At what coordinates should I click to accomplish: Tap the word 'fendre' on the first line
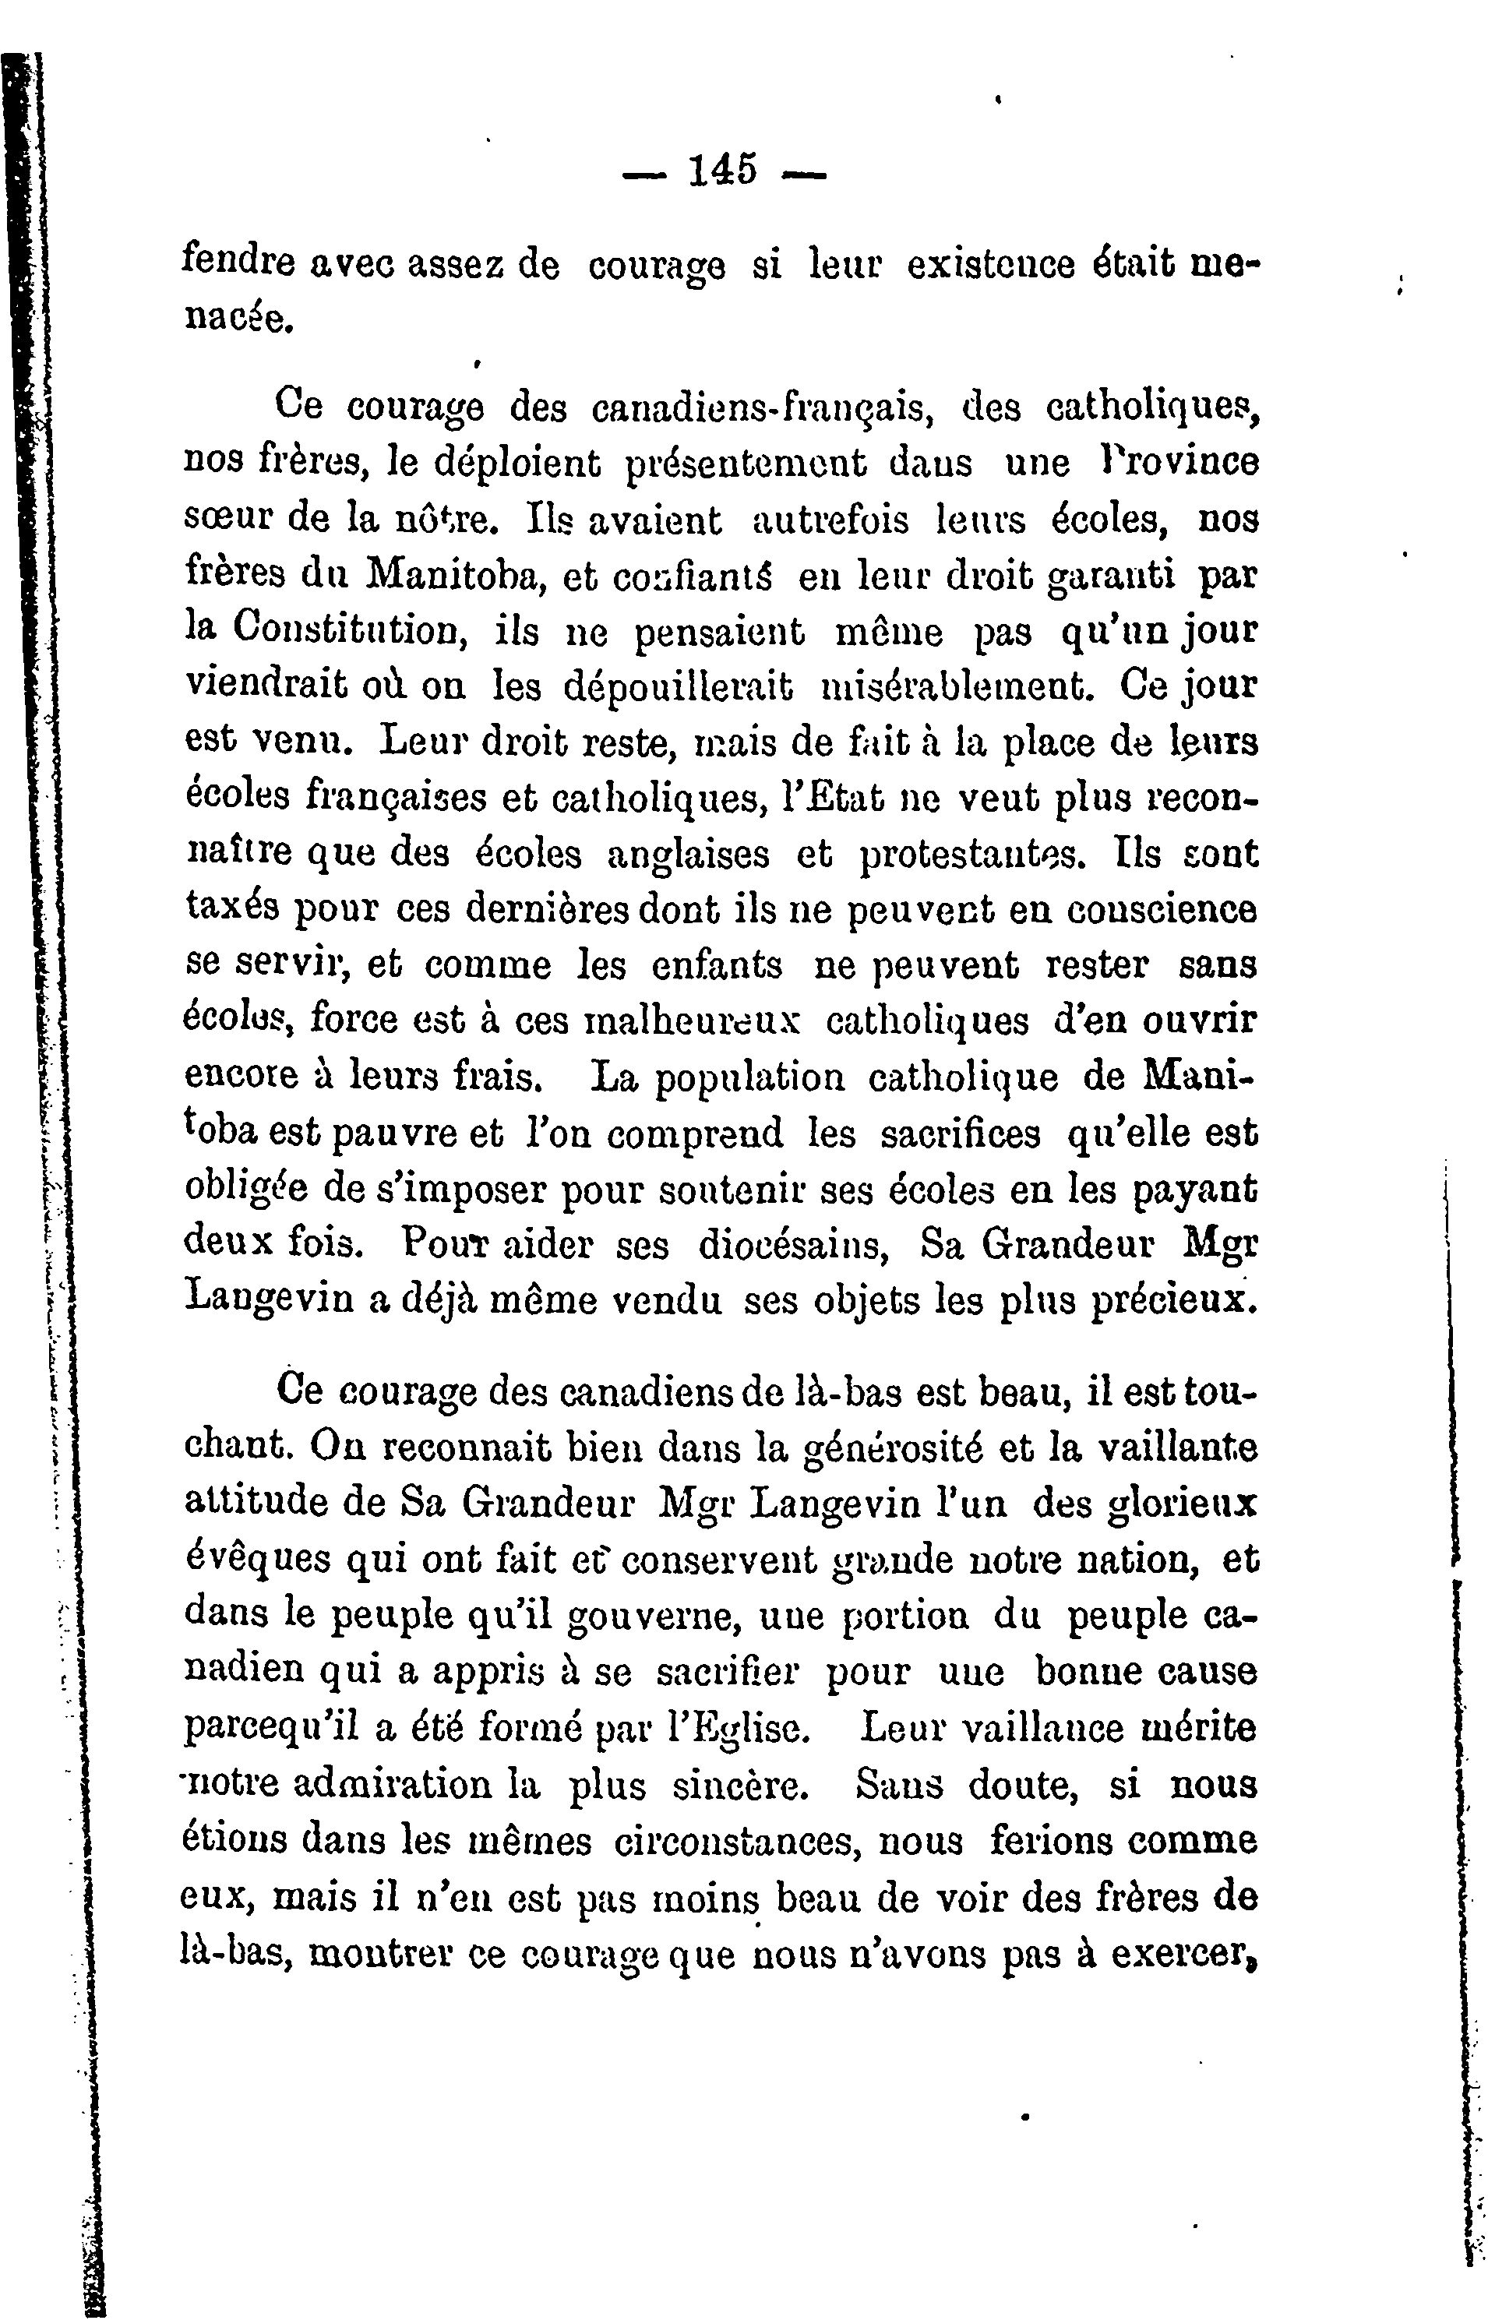238,264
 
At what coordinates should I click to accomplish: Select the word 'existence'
992,265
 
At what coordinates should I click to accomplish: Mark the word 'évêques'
245,1560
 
